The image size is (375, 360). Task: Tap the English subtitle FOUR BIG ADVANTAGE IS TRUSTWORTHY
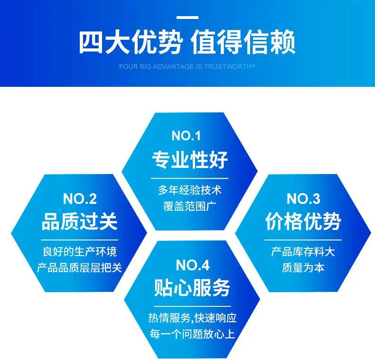[187, 66]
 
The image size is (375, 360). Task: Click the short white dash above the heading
[187, 18]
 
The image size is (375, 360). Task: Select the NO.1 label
[186, 136]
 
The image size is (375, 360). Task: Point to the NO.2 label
[80, 199]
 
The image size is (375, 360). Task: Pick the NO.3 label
[303, 199]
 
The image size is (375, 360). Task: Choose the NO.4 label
[193, 265]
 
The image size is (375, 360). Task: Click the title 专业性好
[190, 159]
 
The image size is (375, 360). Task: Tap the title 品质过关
[80, 222]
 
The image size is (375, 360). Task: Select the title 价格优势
[303, 222]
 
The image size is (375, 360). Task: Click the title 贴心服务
[192, 287]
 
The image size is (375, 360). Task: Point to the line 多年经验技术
[190, 190]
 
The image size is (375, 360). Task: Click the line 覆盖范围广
[190, 206]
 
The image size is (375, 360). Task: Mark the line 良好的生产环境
[80, 252]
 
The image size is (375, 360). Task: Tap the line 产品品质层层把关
[80, 268]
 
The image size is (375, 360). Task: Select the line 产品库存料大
[303, 252]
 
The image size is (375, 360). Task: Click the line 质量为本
[303, 268]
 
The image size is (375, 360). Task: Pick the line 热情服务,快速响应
[192, 318]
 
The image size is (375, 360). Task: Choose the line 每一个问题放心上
[192, 334]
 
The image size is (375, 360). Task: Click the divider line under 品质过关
[80, 240]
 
